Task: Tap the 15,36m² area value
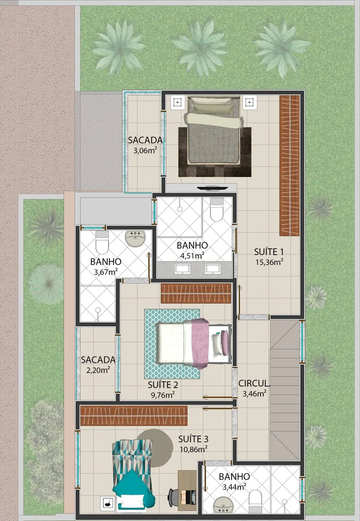point(269,262)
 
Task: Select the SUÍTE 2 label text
point(163,385)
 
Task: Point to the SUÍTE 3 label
point(193,439)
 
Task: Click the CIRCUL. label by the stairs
point(254,383)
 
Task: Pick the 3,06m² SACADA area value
point(145,151)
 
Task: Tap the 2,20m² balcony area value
point(98,370)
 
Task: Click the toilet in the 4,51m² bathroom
point(216,211)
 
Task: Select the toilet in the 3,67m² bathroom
point(102,243)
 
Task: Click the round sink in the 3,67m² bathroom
point(135,238)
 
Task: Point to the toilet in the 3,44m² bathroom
point(256,499)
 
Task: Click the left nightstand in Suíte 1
point(178,102)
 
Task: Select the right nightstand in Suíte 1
point(249,102)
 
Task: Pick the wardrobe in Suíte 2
point(196,293)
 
